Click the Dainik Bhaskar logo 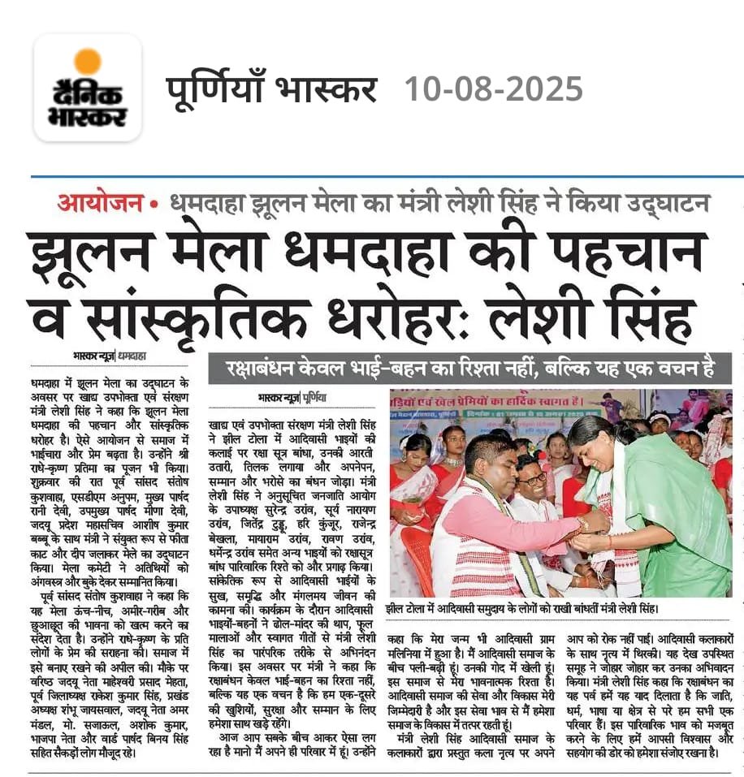[88, 88]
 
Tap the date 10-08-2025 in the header [494, 88]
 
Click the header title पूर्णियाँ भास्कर [271, 88]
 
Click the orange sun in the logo [87, 62]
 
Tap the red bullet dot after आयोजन [154, 203]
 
